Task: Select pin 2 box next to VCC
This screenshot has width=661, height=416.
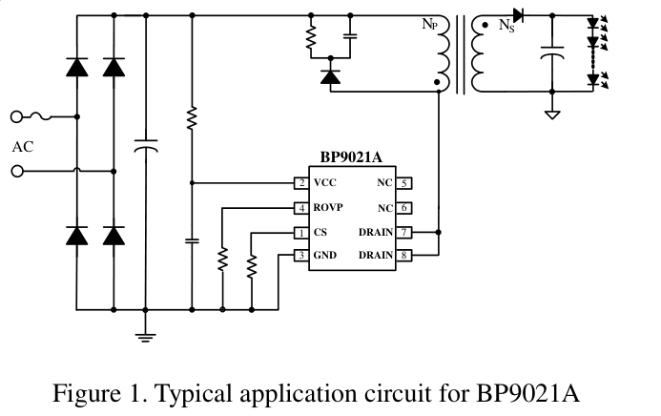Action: (301, 183)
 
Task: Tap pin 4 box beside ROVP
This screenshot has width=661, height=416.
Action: (301, 208)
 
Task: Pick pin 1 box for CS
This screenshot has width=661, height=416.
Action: (301, 232)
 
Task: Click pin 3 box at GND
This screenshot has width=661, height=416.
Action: (301, 255)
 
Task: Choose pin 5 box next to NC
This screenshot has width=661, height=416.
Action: (404, 183)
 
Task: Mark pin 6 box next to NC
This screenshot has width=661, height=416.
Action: (404, 208)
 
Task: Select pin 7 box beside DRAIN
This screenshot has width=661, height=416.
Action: (404, 232)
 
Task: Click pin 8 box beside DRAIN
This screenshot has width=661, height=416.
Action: (404, 255)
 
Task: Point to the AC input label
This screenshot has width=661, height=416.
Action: (22, 147)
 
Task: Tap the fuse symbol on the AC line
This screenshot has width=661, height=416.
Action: (43, 116)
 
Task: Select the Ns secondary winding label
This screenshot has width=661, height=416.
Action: (506, 27)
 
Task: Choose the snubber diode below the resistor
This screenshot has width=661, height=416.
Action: (330, 76)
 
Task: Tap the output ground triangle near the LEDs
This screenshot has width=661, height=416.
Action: (551, 114)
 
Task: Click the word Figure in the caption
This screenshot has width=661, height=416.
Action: (88, 393)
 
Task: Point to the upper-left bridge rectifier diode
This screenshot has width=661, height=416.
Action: (77, 67)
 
